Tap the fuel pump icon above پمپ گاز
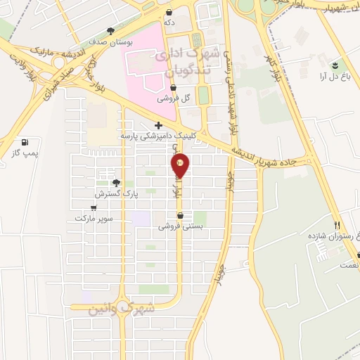pyautogui.click(x=26, y=141)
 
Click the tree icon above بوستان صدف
pyautogui.click(x=110, y=30)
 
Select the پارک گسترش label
pyautogui.click(x=113, y=193)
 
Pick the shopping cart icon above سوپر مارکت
pyautogui.click(x=94, y=208)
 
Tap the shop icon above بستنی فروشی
pyautogui.click(x=181, y=216)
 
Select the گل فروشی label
pyautogui.click(x=176, y=98)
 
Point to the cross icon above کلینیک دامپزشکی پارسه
pyautogui.click(x=158, y=125)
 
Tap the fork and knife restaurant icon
pyautogui.click(x=337, y=225)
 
